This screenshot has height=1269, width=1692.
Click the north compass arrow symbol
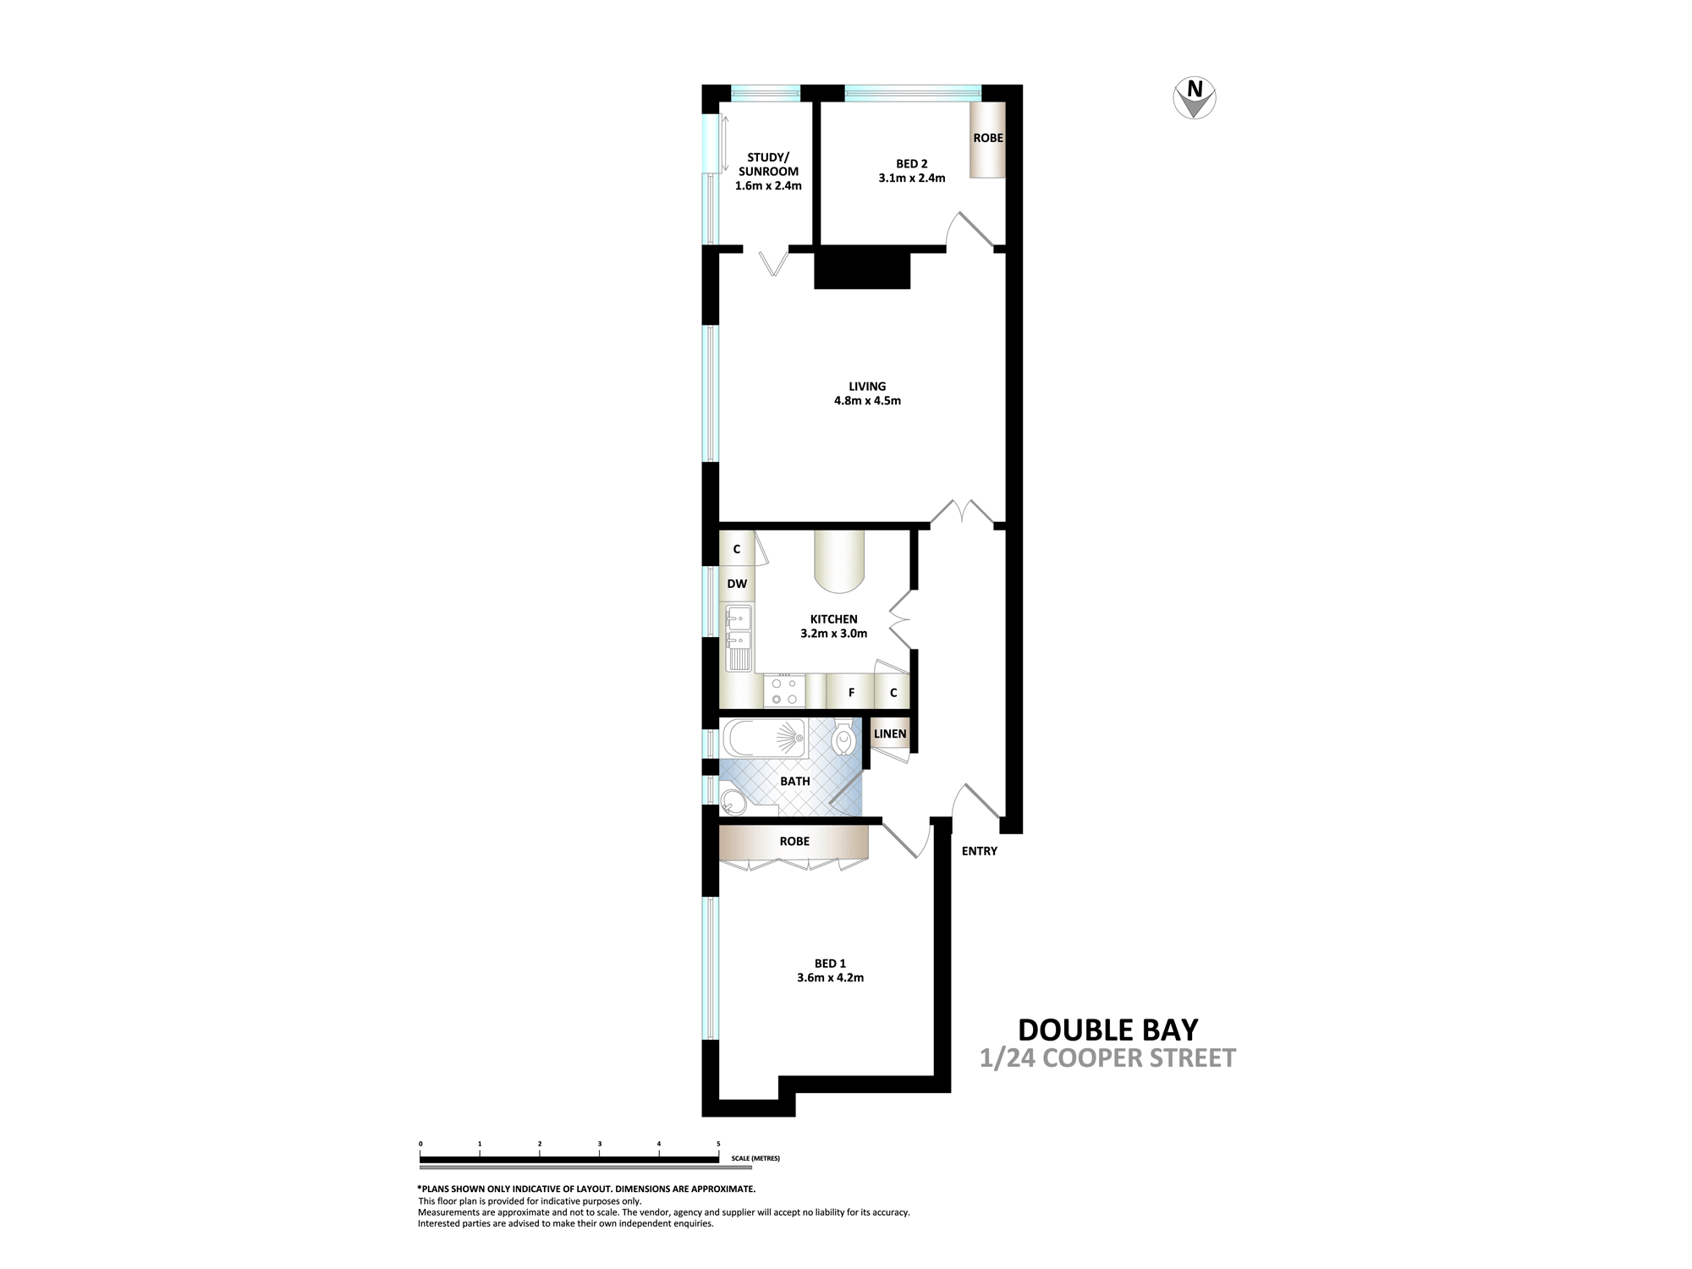click(1195, 98)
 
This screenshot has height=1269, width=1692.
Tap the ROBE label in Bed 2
click(988, 138)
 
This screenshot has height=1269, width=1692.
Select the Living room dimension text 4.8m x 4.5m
click(867, 401)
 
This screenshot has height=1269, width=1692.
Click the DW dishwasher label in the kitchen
click(737, 584)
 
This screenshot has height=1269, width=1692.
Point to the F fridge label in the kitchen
click(852, 693)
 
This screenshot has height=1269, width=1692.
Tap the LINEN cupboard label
click(890, 734)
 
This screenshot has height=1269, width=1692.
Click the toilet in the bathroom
click(844, 739)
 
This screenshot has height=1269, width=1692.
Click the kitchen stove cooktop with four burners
click(783, 691)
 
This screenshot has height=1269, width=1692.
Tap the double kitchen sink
click(739, 638)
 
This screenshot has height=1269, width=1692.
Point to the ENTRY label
click(980, 851)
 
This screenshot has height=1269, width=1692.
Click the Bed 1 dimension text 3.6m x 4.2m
click(830, 978)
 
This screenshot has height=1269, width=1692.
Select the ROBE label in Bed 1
click(794, 841)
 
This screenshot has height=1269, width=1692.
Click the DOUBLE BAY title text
click(1108, 1030)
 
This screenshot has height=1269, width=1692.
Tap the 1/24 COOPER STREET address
click(1108, 1058)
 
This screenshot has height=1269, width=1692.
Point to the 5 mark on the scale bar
click(718, 1144)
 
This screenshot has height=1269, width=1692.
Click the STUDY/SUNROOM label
click(768, 164)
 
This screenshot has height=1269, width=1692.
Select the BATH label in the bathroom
click(794, 781)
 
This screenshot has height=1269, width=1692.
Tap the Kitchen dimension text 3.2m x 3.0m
click(833, 633)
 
